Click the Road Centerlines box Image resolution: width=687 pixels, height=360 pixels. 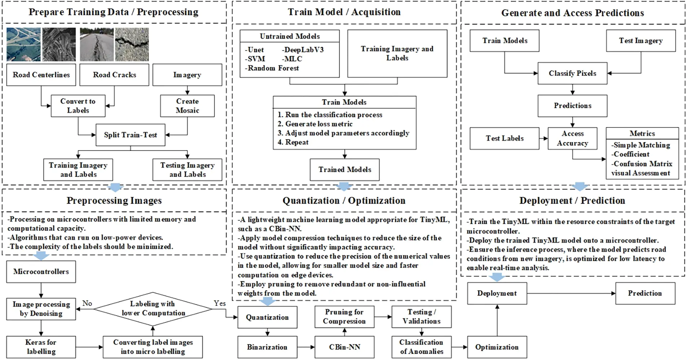(x=41, y=75)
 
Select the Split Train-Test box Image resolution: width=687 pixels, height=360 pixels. (x=130, y=135)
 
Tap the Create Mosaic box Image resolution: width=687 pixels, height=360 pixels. (x=187, y=106)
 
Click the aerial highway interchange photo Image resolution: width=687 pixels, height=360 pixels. (x=23, y=44)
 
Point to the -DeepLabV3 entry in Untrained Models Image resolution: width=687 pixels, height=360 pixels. (x=303, y=50)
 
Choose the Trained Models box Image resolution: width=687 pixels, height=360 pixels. (x=344, y=170)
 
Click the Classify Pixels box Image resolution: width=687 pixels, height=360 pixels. (x=572, y=73)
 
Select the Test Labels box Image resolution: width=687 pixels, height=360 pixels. (x=504, y=138)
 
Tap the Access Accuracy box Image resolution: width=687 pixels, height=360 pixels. (x=572, y=138)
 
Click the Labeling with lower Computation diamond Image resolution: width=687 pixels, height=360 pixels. (x=153, y=308)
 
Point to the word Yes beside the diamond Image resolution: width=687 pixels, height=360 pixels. (x=219, y=303)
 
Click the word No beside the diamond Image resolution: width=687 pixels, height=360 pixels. (x=87, y=303)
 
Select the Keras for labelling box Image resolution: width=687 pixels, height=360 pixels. (x=41, y=347)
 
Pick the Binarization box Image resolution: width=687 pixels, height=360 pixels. (x=267, y=347)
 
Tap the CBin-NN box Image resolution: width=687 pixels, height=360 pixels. (x=344, y=347)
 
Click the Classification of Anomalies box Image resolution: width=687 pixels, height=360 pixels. (x=421, y=347)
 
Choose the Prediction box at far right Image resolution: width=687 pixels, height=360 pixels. (x=645, y=293)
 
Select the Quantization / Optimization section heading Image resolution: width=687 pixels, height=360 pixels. (x=344, y=201)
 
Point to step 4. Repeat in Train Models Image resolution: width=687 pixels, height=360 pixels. (x=293, y=142)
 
